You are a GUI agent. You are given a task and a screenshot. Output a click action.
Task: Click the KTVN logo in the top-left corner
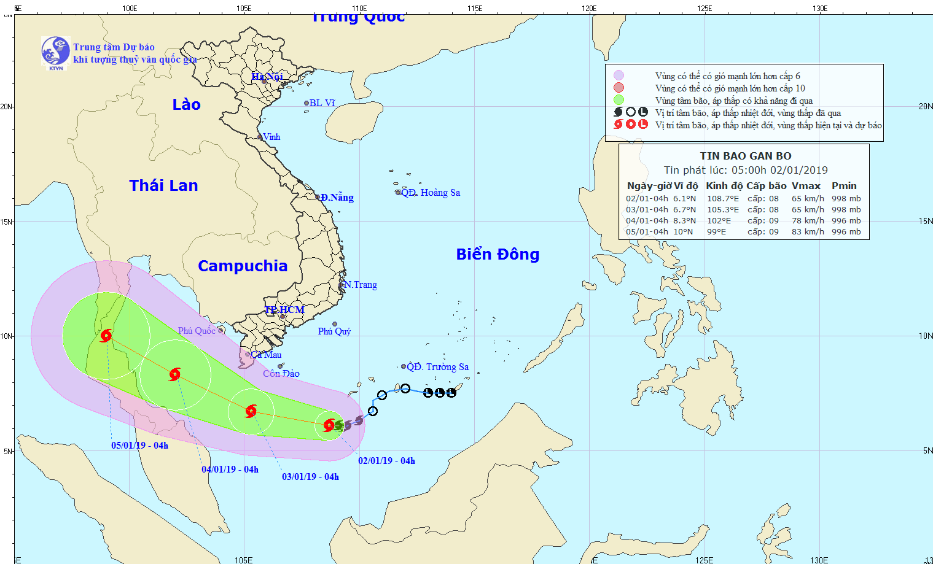55,52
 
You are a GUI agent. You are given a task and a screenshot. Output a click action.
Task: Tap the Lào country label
186,105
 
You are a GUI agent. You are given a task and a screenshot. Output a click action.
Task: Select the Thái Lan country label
163,186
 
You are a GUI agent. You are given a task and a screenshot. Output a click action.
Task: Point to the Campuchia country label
243,266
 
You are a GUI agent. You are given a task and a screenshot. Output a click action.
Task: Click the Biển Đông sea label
498,255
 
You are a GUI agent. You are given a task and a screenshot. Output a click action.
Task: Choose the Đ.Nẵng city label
337,198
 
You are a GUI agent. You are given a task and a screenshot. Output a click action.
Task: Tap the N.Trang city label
361,285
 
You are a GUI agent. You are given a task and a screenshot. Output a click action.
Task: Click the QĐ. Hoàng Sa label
431,193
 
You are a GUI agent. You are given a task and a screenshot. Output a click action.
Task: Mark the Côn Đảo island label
281,374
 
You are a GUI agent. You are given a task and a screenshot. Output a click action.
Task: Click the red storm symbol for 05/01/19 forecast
106,335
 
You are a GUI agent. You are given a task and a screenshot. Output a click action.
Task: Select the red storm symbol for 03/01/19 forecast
251,411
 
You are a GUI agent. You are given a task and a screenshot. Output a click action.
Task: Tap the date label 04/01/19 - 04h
230,469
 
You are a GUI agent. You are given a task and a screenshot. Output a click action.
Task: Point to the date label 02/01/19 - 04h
386,461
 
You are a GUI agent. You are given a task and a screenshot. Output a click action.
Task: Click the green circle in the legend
619,100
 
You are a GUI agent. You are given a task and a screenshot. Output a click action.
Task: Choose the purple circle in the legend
619,75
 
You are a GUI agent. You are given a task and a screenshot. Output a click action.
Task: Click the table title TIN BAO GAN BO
746,156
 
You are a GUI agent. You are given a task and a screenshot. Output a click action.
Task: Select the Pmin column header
844,186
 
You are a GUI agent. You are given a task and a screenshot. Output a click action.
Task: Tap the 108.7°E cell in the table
723,199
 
